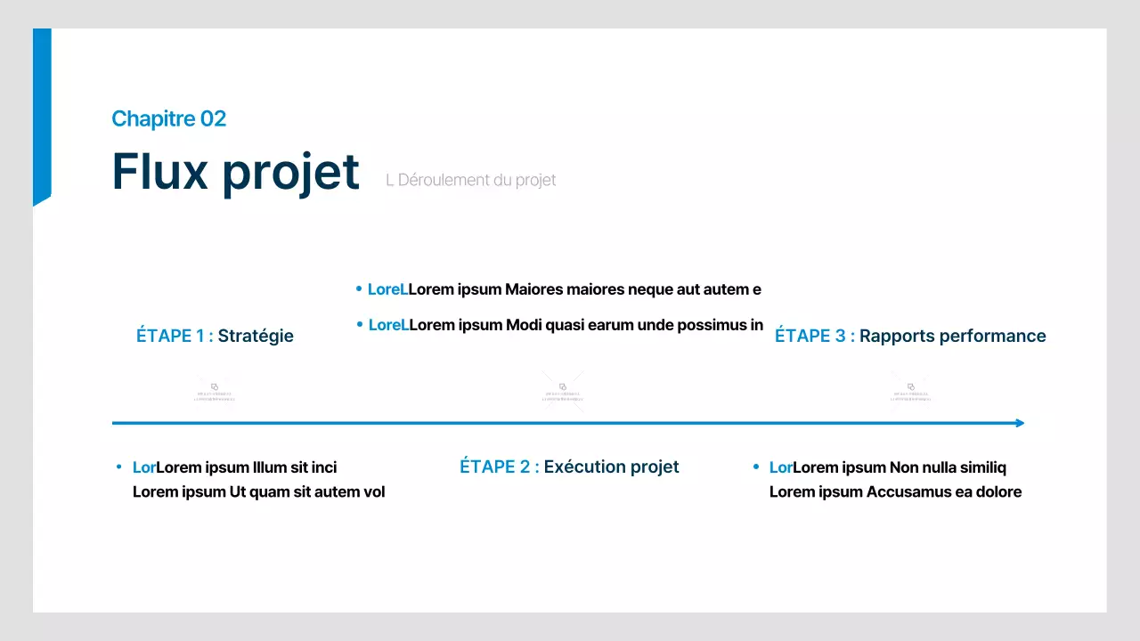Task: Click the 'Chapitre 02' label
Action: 168,118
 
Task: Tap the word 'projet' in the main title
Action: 290,172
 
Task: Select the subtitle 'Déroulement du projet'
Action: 476,180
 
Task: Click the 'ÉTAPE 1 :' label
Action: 175,336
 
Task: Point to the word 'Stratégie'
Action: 256,336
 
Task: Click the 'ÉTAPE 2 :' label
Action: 499,467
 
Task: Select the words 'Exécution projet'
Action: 611,467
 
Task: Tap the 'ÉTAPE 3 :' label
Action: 814,336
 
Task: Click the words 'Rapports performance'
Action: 952,336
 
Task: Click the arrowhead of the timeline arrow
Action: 1021,423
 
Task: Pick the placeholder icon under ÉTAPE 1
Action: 215,391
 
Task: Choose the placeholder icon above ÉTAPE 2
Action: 563,391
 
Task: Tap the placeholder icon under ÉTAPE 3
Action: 911,391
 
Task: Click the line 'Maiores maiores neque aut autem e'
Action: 584,289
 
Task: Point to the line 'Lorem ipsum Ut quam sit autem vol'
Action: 258,491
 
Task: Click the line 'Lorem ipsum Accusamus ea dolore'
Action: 895,491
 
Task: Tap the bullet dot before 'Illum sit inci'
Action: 118,467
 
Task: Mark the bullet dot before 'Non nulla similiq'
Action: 755,467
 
